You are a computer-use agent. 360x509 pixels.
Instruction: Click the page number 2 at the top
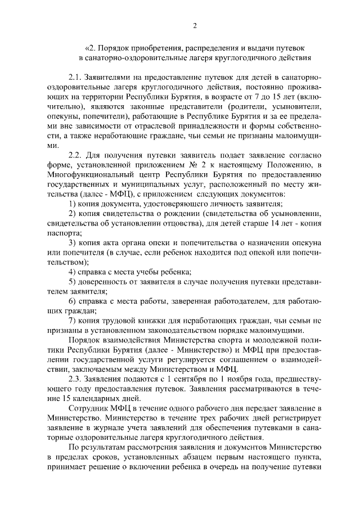click(x=194, y=25)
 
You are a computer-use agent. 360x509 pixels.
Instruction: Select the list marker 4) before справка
click(x=73, y=271)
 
